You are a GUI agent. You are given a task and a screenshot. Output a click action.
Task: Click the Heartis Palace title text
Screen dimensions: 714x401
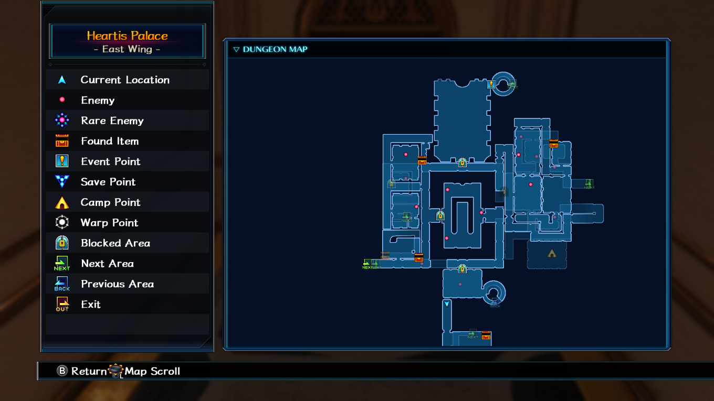[x=127, y=36]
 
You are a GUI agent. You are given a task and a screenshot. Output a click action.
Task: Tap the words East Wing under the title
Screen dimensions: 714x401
[x=127, y=49]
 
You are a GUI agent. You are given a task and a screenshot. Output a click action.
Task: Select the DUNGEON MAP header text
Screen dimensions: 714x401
[x=275, y=49]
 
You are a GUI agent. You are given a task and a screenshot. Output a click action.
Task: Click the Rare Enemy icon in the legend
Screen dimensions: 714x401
[x=62, y=121]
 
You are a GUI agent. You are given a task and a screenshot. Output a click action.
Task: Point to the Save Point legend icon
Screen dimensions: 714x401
[x=62, y=181]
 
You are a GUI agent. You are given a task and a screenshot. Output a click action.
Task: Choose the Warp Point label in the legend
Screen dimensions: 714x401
[x=109, y=223]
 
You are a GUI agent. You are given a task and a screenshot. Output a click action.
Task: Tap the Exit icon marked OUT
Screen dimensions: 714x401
[x=62, y=304]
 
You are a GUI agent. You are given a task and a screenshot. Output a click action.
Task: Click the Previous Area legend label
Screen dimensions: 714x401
[x=117, y=284]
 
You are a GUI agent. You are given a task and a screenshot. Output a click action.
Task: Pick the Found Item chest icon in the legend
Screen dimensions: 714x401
[x=62, y=140]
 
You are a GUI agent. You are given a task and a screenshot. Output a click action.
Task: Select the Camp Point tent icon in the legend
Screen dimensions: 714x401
[x=62, y=203]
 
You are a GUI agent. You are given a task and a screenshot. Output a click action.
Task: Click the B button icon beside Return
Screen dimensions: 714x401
[x=62, y=371]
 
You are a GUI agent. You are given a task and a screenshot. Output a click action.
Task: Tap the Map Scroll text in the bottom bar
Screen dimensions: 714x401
[x=152, y=371]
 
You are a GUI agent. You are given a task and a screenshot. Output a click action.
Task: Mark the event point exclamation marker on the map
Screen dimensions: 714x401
[x=491, y=84]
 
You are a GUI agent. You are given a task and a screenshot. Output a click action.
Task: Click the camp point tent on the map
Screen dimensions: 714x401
[x=552, y=254]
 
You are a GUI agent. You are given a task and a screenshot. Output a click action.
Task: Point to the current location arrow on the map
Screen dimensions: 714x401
[x=447, y=304]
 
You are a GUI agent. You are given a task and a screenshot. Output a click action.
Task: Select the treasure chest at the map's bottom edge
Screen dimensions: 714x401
[x=486, y=335]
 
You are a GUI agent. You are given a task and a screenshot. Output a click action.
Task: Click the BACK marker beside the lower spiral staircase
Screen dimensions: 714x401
[x=495, y=304]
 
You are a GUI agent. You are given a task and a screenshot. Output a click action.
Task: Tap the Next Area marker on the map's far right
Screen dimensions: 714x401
[x=589, y=184]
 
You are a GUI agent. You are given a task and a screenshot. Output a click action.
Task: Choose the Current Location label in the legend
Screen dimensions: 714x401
[x=125, y=80]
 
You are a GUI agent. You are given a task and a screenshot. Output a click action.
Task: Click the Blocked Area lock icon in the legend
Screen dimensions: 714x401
[x=62, y=243]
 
